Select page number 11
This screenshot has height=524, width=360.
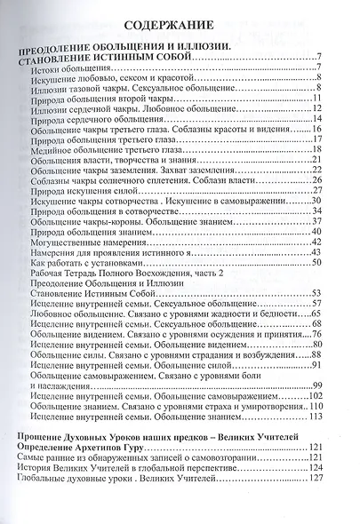pyautogui.click(x=340, y=97)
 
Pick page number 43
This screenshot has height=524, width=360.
pyautogui.click(x=340, y=277)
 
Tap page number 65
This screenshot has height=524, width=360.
pyautogui.click(x=340, y=339)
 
